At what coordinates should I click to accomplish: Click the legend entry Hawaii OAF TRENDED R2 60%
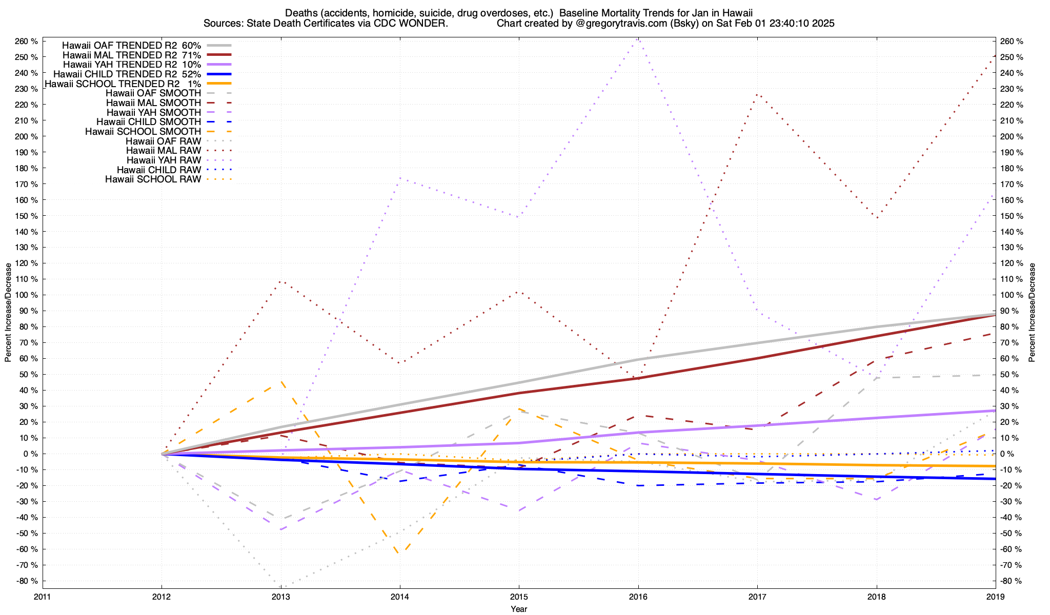point(131,45)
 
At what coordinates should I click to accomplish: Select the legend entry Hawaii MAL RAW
point(164,151)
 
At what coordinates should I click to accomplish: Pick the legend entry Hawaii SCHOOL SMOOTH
point(143,132)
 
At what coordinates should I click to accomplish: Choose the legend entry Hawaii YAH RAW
point(164,160)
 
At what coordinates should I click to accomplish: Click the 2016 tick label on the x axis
point(638,597)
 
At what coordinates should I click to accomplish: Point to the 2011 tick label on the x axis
point(43,597)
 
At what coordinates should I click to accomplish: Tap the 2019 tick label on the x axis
point(995,597)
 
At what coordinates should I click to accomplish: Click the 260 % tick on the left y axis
point(27,42)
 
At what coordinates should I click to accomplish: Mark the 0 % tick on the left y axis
point(30,454)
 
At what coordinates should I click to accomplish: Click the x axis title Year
point(519,609)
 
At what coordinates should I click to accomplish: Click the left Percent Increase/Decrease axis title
point(8,313)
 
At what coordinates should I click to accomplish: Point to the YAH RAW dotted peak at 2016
point(638,38)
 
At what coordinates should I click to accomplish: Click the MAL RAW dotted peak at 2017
point(757,94)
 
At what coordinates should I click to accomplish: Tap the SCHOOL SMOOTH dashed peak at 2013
point(281,381)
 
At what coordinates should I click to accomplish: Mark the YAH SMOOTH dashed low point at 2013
point(281,529)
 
